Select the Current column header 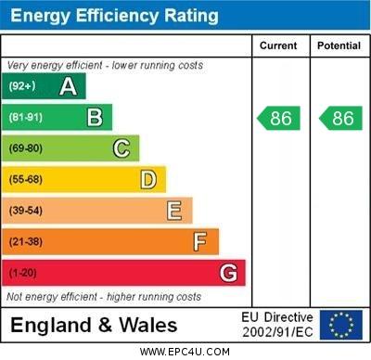pyautogui.click(x=278, y=45)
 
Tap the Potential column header pyautogui.click(x=339, y=45)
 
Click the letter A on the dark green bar pyautogui.click(x=68, y=87)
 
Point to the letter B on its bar pyautogui.click(x=95, y=117)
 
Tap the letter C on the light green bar pyautogui.click(x=122, y=148)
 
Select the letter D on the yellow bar pyautogui.click(x=148, y=179)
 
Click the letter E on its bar pyautogui.click(x=174, y=211)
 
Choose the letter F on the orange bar pyautogui.click(x=200, y=242)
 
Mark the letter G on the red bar pyautogui.click(x=228, y=273)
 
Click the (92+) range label pyautogui.click(x=22, y=87)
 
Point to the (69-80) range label pyautogui.click(x=26, y=148)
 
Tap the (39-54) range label pyautogui.click(x=26, y=211)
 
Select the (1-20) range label pyautogui.click(x=23, y=273)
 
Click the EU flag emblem pyautogui.click(x=341, y=325)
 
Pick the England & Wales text pyautogui.click(x=94, y=326)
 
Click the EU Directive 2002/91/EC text pyautogui.click(x=277, y=325)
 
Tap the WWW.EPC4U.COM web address pyautogui.click(x=185, y=352)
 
